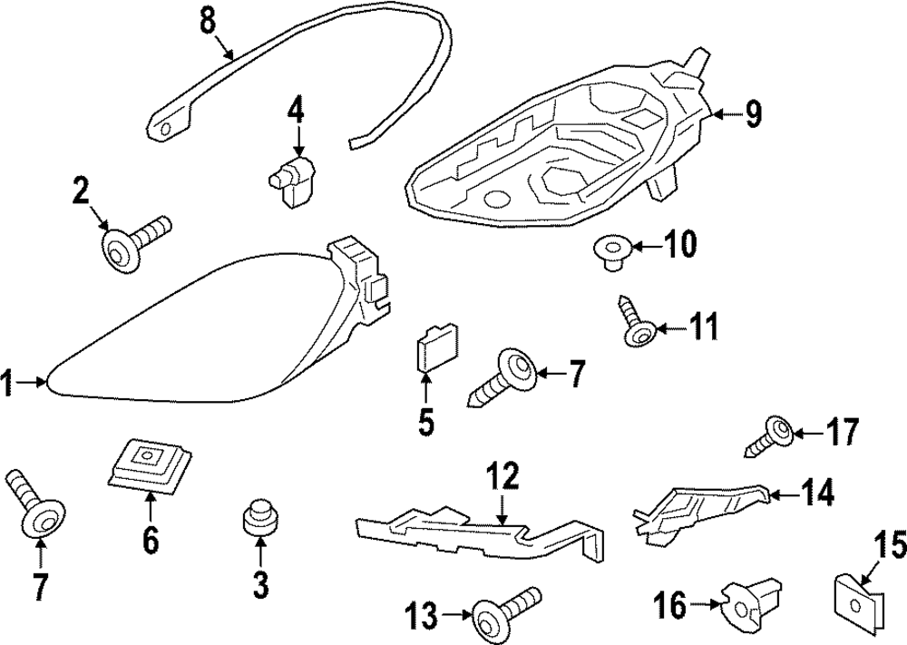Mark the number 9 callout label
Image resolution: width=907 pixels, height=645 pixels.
(x=753, y=113)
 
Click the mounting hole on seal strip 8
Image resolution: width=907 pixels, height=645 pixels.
(x=165, y=128)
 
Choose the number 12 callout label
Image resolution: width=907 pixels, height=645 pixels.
(x=503, y=474)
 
